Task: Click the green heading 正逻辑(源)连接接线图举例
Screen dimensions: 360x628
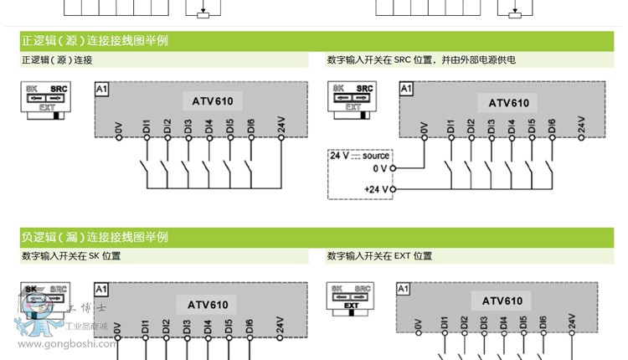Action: point(94,40)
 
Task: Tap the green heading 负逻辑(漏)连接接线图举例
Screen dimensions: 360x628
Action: point(94,237)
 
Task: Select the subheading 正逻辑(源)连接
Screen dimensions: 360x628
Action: point(56,60)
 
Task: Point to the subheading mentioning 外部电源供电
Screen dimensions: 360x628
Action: point(421,60)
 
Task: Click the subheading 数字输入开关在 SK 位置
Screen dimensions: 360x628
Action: point(70,256)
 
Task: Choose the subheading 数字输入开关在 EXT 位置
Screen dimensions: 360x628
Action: point(379,256)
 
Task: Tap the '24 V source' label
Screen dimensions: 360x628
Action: point(360,156)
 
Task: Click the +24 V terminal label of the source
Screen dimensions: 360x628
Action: point(377,189)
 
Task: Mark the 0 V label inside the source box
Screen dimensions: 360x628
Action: point(380,168)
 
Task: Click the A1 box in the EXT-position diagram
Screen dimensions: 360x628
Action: point(404,289)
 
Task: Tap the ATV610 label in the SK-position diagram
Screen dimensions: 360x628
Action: point(207,305)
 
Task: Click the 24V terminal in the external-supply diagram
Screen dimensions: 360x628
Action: point(581,125)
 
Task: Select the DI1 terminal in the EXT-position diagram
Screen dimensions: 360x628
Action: point(444,323)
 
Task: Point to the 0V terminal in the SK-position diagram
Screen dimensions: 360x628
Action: point(117,329)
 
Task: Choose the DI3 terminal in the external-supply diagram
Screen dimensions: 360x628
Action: point(491,128)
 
